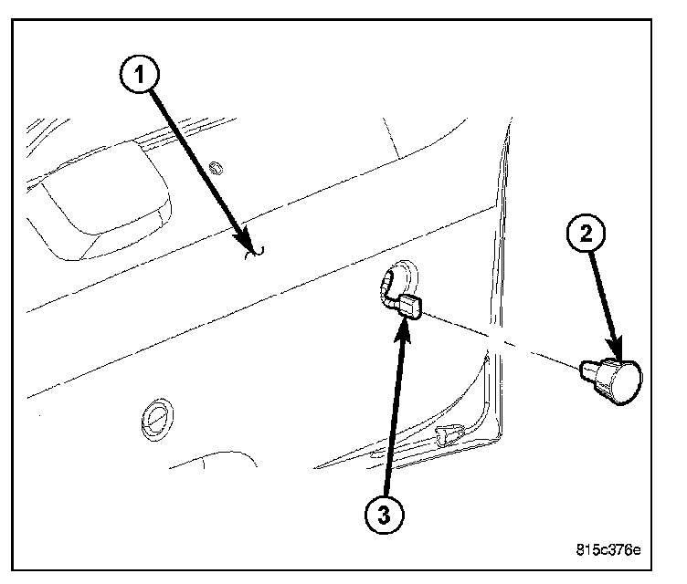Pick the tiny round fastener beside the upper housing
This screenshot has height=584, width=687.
pyautogui.click(x=217, y=167)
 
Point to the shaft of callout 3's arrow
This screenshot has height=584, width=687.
pyautogui.click(x=395, y=411)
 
